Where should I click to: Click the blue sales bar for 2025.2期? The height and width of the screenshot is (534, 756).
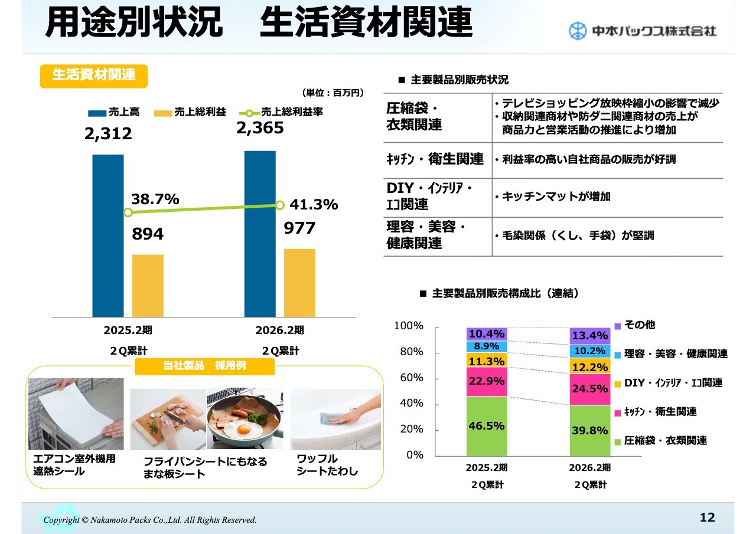pyautogui.click(x=108, y=235)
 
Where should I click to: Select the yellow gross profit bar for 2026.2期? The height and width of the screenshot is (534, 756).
pyautogui.click(x=299, y=283)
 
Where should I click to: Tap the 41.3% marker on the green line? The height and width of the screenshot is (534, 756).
pyautogui.click(x=279, y=205)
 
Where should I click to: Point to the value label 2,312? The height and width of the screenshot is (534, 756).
pyautogui.click(x=108, y=134)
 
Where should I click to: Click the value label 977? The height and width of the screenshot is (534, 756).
pyautogui.click(x=299, y=228)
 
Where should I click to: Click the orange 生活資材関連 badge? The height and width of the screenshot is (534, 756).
pyautogui.click(x=93, y=76)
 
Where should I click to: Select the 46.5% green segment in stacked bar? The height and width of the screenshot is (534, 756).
pyautogui.click(x=487, y=425)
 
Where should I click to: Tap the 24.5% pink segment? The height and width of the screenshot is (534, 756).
pyautogui.click(x=589, y=389)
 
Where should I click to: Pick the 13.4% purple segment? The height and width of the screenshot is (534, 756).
pyautogui.click(x=589, y=336)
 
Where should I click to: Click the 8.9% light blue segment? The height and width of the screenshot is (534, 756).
pyautogui.click(x=487, y=346)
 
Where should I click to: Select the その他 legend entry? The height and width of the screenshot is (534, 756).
pyautogui.click(x=635, y=325)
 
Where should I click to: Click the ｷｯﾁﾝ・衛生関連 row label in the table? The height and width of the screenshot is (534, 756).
pyautogui.click(x=435, y=159)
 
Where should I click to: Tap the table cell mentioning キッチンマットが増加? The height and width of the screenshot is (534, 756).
pyautogui.click(x=607, y=197)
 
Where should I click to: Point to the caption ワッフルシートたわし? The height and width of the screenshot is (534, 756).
pyautogui.click(x=327, y=465)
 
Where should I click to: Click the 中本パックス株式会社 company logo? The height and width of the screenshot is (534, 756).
pyautogui.click(x=642, y=31)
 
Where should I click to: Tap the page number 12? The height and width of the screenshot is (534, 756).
pyautogui.click(x=707, y=517)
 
